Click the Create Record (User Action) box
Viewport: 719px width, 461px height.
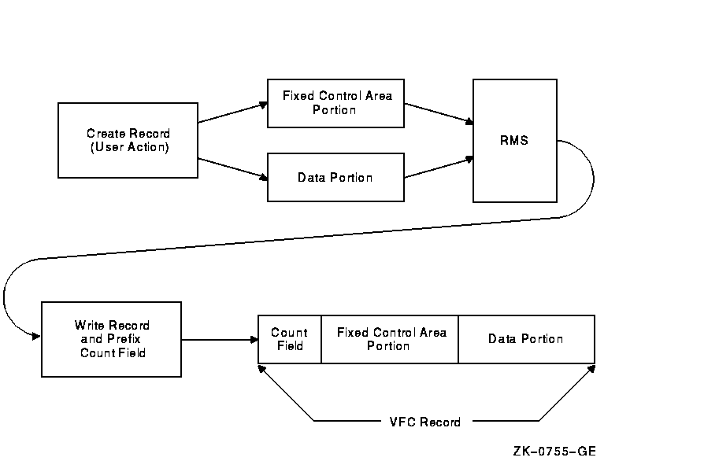click(x=128, y=140)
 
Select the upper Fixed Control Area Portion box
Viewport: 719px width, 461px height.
click(x=335, y=103)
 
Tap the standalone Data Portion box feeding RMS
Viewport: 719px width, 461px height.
click(x=335, y=177)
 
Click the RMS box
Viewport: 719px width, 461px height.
click(x=514, y=141)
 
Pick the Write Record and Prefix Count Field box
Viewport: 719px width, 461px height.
click(x=111, y=339)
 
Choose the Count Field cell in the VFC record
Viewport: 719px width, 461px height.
click(x=290, y=339)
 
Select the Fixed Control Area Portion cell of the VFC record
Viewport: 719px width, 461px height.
click(x=390, y=339)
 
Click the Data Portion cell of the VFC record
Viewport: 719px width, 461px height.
click(x=526, y=339)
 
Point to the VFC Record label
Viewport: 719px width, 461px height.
click(x=426, y=422)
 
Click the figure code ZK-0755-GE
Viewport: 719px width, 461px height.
click(x=554, y=452)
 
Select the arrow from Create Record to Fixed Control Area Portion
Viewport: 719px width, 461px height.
click(x=232, y=112)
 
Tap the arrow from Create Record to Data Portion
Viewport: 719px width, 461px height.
click(x=232, y=168)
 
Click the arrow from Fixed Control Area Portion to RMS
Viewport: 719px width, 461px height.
click(x=439, y=113)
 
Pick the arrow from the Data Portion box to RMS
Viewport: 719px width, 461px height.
click(x=439, y=167)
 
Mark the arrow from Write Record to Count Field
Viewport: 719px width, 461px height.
click(x=220, y=340)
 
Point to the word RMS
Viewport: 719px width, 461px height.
click(x=514, y=141)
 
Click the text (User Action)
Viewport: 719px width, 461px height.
click(x=128, y=147)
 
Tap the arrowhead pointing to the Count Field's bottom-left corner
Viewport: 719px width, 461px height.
click(x=262, y=367)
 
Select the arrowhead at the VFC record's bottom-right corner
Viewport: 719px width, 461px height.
click(x=591, y=367)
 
